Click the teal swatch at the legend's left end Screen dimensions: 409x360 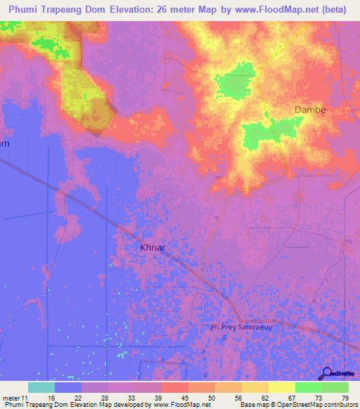click(41, 387)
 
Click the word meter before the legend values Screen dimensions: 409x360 click(11, 398)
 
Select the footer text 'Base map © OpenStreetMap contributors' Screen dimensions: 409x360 click(297, 405)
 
